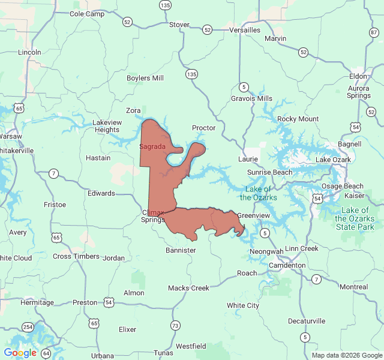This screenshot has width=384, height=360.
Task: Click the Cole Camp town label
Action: click(x=86, y=14)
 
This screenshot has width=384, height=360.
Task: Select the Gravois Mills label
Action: click(x=251, y=98)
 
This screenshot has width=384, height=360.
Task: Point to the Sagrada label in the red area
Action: click(x=152, y=146)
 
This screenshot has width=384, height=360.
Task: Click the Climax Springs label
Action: click(x=153, y=216)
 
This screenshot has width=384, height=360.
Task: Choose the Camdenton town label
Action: click(x=287, y=265)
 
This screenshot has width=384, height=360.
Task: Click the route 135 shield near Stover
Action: click(x=165, y=5)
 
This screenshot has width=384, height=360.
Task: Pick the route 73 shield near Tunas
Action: click(x=175, y=326)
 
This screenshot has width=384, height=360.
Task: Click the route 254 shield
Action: click(x=28, y=327)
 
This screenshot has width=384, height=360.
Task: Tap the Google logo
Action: click(x=20, y=353)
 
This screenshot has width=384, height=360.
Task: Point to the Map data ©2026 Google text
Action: click(x=346, y=355)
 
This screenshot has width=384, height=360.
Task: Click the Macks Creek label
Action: click(x=188, y=288)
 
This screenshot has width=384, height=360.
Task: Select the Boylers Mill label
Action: click(x=145, y=78)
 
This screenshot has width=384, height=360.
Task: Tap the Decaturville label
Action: click(x=306, y=321)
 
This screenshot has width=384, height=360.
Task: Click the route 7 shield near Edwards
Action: click(x=54, y=173)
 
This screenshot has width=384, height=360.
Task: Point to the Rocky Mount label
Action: click(x=298, y=119)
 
